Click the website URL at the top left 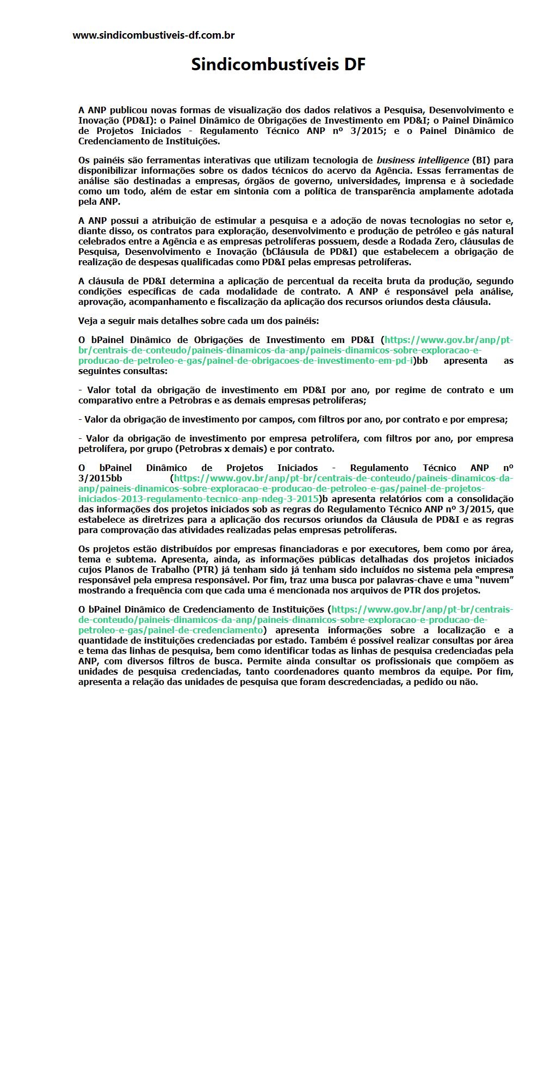153,35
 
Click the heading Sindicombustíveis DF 278,65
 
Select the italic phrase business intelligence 423,160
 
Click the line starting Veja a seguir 199,321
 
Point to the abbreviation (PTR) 205,570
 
